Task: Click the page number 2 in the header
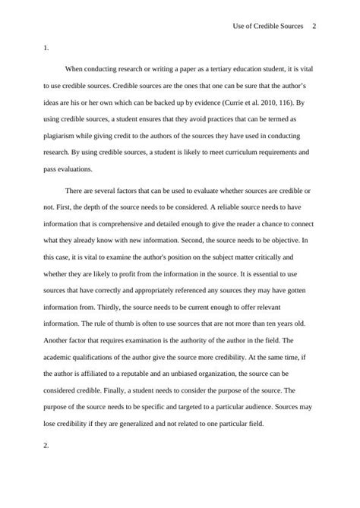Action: (314, 26)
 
